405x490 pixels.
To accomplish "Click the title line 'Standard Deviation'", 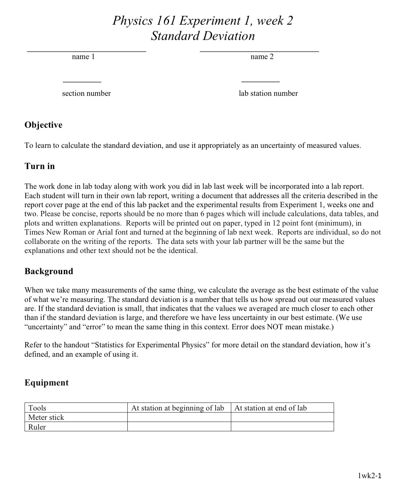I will click(203, 36).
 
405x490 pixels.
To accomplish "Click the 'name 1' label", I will click(83, 57).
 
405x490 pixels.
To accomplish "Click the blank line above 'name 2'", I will click(259, 52).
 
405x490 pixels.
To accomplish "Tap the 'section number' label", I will click(87, 93).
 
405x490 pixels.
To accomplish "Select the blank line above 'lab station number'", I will click(260, 82).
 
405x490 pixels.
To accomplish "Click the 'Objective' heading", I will click(44, 125).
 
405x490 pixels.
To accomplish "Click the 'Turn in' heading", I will click(40, 166).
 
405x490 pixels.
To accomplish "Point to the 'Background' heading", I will click(49, 271).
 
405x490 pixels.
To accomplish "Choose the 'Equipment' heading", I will click(47, 383).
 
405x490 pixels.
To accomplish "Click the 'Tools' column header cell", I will click(37, 408).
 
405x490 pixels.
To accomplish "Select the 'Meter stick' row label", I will click(46, 417).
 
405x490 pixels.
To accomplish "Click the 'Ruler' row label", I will click(37, 427).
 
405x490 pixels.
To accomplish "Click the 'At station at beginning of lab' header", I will click(178, 408).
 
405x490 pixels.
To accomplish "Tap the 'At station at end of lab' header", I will click(271, 408).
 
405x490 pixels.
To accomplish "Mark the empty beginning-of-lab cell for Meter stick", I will click(179, 417).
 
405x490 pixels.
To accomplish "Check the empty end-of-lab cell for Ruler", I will click(282, 427).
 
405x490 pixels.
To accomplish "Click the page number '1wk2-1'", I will click(370, 476).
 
